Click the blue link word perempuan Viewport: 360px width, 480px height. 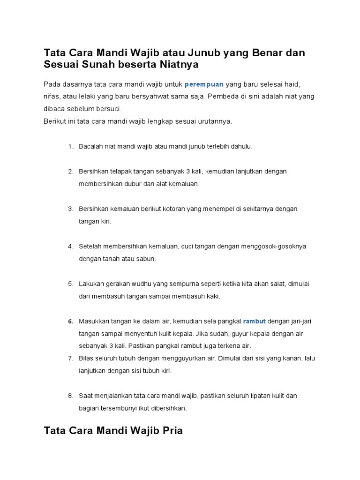point(204,84)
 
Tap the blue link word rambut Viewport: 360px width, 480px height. point(255,322)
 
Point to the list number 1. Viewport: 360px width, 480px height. point(70,147)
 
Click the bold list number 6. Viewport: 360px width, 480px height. point(70,322)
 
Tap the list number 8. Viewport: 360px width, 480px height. point(70,396)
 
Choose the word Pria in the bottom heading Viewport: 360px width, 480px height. point(170,430)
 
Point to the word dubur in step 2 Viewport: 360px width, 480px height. point(132,184)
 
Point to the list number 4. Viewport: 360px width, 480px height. point(70,247)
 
